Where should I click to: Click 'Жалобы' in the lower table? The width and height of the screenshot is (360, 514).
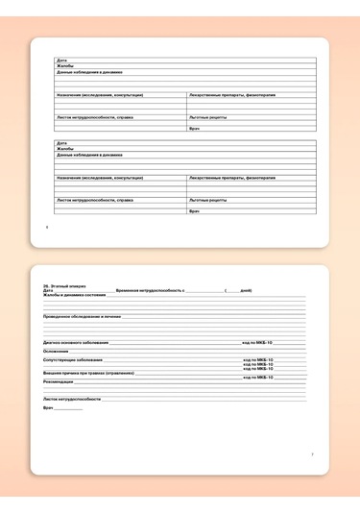[65, 149]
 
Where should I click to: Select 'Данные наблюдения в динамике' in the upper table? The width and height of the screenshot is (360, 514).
[89, 72]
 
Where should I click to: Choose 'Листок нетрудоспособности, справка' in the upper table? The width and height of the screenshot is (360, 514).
[95, 117]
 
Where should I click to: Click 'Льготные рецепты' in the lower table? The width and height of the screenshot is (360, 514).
[208, 200]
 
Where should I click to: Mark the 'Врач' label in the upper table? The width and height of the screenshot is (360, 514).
[194, 128]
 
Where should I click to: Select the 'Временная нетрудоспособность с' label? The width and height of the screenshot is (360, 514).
[149, 290]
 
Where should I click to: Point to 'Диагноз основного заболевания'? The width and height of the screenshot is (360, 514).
[76, 342]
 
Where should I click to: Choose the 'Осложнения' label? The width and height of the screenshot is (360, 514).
[56, 351]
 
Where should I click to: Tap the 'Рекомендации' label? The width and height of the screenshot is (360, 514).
[59, 381]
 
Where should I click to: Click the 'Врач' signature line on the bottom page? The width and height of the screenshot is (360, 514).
[67, 409]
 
